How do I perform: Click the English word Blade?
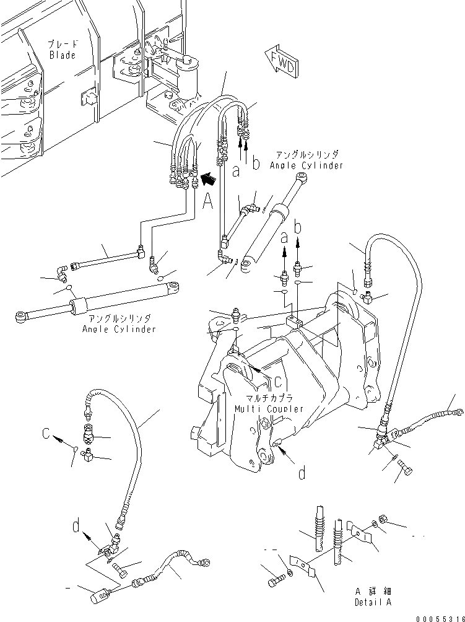[63, 55]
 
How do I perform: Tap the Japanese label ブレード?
[63, 45]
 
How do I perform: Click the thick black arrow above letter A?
[210, 180]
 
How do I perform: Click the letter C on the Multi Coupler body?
[278, 381]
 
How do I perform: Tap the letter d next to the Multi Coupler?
[302, 474]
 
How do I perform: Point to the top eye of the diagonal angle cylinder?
[303, 180]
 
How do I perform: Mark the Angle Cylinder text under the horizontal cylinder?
[119, 325]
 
